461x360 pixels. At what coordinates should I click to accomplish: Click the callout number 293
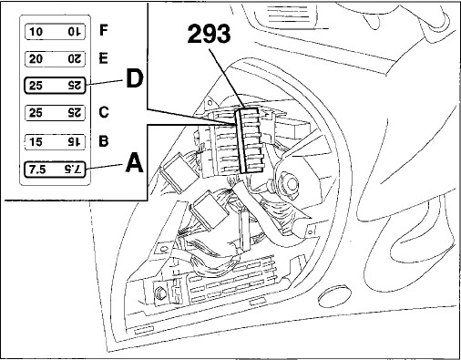coord(209,35)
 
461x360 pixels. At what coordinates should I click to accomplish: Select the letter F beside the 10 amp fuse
coord(104,30)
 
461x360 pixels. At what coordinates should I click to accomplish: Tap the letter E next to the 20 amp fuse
coord(104,57)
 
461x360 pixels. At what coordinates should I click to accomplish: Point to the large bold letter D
coord(134,79)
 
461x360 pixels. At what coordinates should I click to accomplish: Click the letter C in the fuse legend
coord(104,112)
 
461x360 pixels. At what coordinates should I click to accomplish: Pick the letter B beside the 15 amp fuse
coord(104,141)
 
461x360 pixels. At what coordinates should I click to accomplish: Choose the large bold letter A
coord(134,163)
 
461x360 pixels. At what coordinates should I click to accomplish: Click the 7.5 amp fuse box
coord(55,169)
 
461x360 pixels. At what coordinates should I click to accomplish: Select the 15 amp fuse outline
coord(55,142)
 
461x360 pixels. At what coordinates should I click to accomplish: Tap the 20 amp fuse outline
coord(55,58)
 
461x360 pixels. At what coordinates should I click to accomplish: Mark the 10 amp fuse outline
coord(55,32)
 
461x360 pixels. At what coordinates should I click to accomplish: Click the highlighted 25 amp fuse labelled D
coord(55,86)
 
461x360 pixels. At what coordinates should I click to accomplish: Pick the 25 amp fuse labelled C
coord(55,113)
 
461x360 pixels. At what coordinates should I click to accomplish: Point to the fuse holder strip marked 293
coord(249,141)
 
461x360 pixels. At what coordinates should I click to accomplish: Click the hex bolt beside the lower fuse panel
coord(159,293)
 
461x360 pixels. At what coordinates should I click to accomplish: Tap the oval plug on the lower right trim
coord(335,295)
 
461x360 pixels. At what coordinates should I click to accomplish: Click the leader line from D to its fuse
coord(105,83)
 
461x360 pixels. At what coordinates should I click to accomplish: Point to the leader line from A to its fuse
coord(105,167)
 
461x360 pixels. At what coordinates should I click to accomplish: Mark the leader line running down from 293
coord(227,78)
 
